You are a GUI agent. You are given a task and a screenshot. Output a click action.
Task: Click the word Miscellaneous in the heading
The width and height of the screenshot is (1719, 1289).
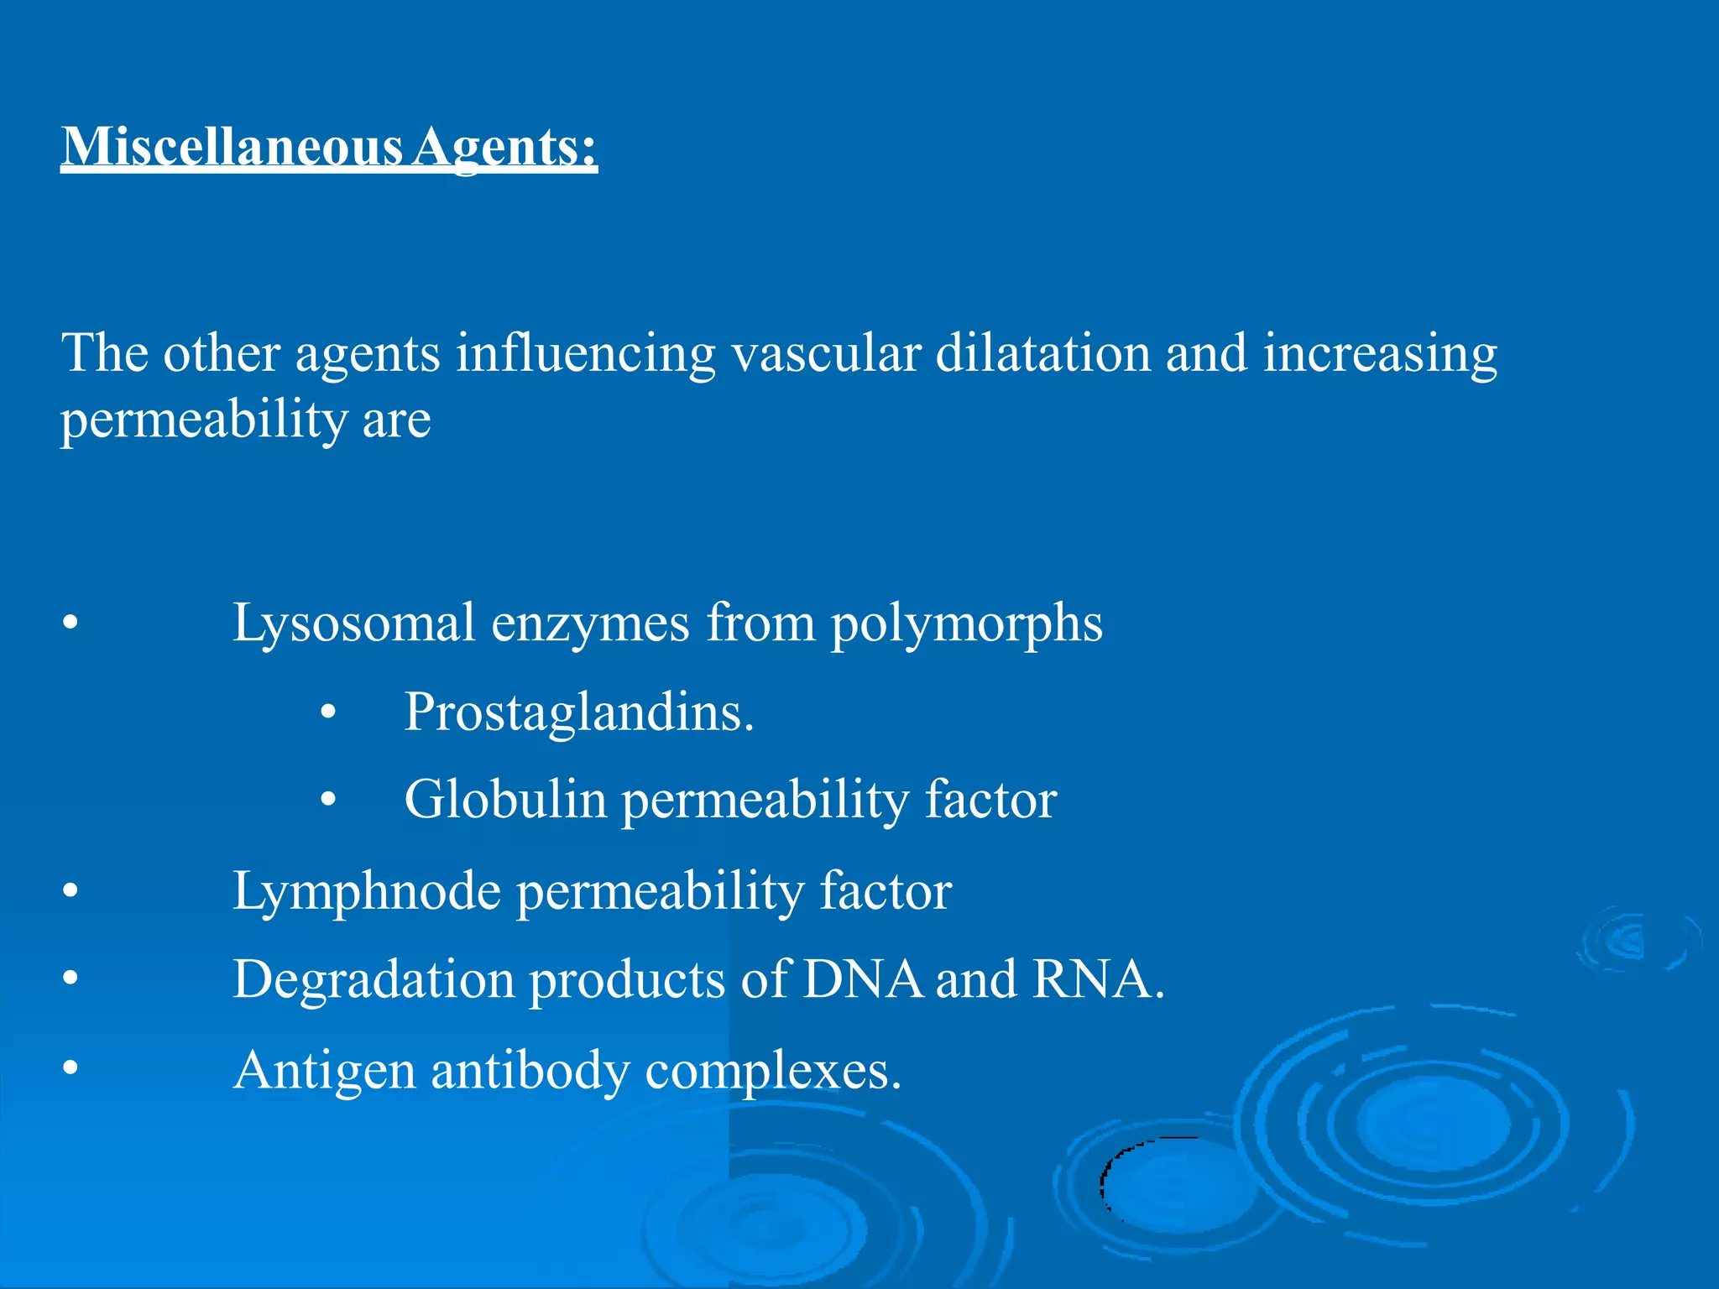pyautogui.click(x=233, y=147)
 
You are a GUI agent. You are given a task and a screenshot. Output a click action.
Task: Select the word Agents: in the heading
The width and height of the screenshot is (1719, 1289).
pyautogui.click(x=504, y=147)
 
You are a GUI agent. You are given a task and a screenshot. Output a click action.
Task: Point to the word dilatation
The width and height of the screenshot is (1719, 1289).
pyautogui.click(x=1042, y=353)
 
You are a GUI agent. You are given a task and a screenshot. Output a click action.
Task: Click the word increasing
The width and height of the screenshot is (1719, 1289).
pyautogui.click(x=1380, y=353)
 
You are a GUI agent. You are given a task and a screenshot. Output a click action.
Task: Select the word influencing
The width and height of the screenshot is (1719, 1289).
pyautogui.click(x=585, y=353)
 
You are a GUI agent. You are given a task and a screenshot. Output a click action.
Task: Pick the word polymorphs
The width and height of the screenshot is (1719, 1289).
pyautogui.click(x=966, y=624)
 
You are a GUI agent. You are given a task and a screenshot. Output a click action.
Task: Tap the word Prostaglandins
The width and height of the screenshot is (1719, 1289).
pyautogui.click(x=578, y=713)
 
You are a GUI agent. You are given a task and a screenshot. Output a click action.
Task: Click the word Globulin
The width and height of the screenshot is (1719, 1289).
pyautogui.click(x=504, y=800)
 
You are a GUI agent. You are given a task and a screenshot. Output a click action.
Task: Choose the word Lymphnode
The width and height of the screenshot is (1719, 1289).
pyautogui.click(x=367, y=891)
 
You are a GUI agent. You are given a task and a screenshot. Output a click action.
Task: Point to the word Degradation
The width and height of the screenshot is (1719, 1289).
pyautogui.click(x=374, y=980)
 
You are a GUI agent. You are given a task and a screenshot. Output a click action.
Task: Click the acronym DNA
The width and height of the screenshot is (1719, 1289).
pyautogui.click(x=862, y=980)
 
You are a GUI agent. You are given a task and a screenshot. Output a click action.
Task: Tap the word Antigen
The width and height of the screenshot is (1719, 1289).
pyautogui.click(x=325, y=1072)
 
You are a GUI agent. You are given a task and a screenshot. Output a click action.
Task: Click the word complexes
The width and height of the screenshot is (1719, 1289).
pyautogui.click(x=772, y=1072)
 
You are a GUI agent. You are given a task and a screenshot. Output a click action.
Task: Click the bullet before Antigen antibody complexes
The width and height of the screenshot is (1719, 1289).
pyautogui.click(x=71, y=1068)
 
